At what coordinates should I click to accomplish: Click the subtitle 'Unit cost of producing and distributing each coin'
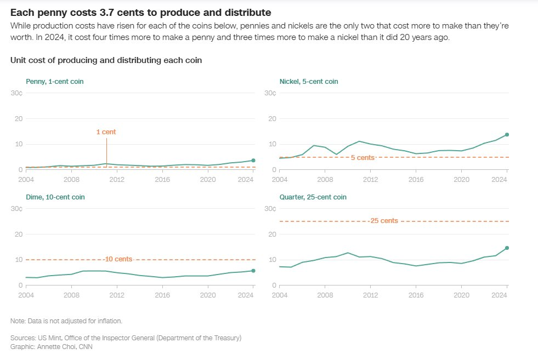point(106,60)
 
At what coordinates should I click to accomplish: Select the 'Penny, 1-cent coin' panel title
point(55,82)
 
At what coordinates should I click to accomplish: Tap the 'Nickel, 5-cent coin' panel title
point(309,82)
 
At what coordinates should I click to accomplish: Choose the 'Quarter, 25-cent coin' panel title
point(313,197)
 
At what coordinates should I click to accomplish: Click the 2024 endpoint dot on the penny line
point(253,161)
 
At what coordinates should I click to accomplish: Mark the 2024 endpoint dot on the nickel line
point(507,134)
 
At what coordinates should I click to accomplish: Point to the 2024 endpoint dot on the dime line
point(253,271)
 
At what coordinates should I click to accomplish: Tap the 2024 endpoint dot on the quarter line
point(507,248)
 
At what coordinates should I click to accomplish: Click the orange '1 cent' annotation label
point(106,132)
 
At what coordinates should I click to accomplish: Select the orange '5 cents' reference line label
point(363,157)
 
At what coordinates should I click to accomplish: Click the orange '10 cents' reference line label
point(118,259)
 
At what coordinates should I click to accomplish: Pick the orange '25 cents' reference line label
point(383,221)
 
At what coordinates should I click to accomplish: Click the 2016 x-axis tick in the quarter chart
point(417,295)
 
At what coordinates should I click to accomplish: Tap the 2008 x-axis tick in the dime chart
point(71,295)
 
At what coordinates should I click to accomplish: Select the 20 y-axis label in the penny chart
point(18,119)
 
